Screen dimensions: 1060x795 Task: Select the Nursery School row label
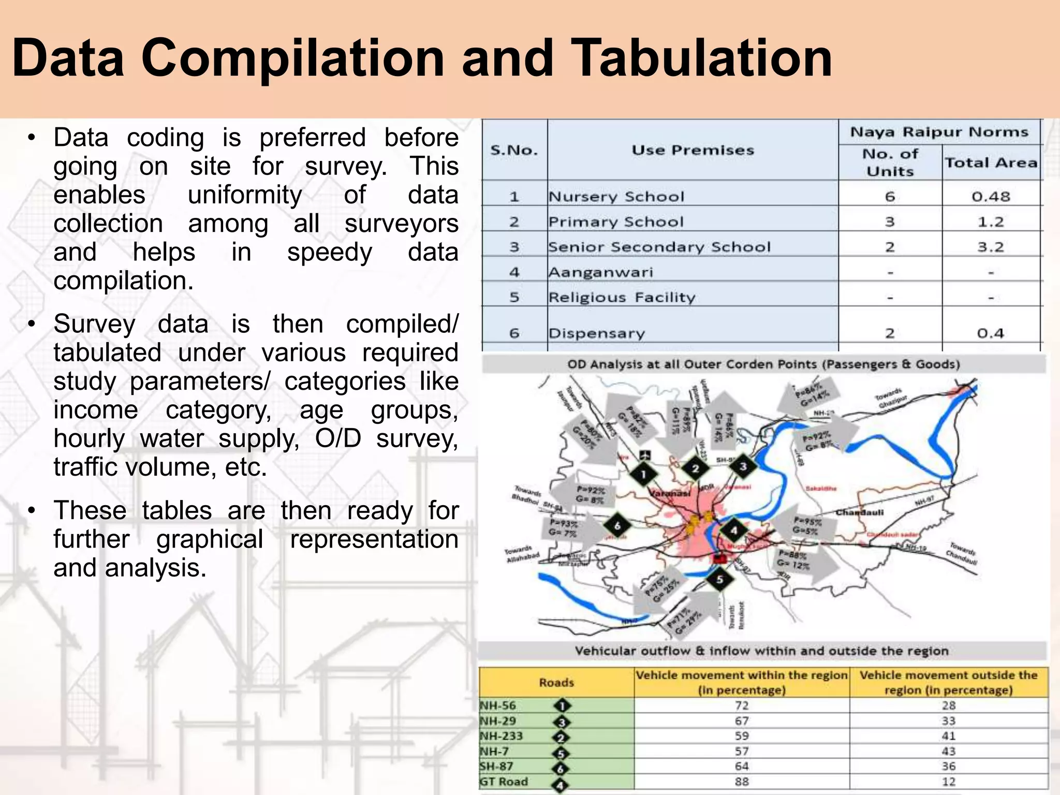point(616,197)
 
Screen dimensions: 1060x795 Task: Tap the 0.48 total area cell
point(991,197)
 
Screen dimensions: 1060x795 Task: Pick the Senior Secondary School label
point(659,247)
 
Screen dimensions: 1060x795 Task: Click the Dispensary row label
point(597,333)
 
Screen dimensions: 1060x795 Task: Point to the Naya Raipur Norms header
point(939,132)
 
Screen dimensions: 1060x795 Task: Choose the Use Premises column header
point(693,150)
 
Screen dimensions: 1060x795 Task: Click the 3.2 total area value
point(991,247)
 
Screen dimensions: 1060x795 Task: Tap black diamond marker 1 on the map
point(643,474)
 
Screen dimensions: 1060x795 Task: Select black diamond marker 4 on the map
point(733,530)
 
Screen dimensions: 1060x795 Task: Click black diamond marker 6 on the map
point(617,526)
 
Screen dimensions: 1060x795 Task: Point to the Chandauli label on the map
point(860,512)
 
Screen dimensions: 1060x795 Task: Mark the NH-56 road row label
point(498,705)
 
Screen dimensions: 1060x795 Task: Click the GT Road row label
point(504,782)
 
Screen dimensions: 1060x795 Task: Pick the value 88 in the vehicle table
point(742,782)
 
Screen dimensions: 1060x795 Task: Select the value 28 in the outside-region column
point(948,705)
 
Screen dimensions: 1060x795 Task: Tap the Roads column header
point(556,683)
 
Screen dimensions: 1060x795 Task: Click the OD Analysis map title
point(763,364)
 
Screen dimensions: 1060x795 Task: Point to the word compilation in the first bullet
point(123,281)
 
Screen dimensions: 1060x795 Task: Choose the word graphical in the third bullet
point(210,539)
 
